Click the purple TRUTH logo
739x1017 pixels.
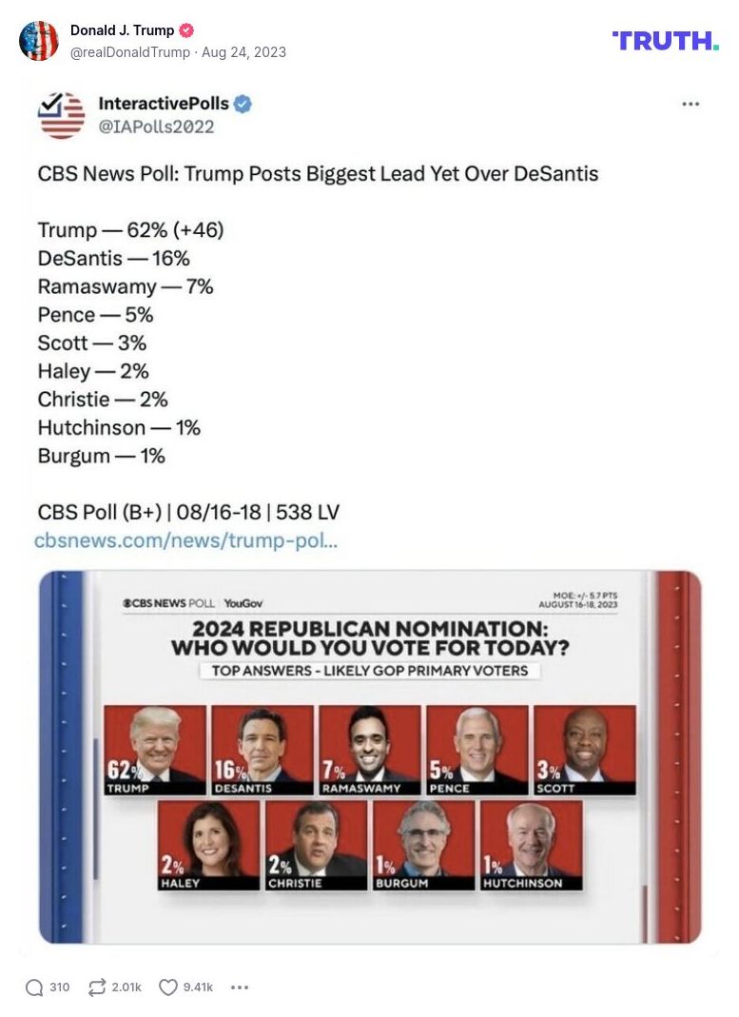(x=665, y=40)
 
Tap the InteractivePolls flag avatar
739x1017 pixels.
(x=62, y=114)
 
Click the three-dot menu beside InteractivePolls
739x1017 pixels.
(x=690, y=104)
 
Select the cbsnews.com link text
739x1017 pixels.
(x=186, y=540)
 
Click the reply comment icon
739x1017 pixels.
(x=35, y=988)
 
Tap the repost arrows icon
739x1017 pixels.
(x=97, y=988)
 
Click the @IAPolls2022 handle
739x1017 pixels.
(x=156, y=127)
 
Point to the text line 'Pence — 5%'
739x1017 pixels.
(x=95, y=315)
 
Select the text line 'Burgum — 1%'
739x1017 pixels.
(x=101, y=456)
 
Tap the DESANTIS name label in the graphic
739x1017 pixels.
(x=243, y=789)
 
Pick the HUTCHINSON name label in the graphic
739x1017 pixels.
(x=522, y=883)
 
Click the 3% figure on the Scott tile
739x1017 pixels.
(x=548, y=770)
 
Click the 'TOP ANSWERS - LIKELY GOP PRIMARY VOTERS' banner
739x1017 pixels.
(x=369, y=671)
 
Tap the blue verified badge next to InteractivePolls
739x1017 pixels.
(x=243, y=104)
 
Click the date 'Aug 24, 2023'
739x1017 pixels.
(x=243, y=52)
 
